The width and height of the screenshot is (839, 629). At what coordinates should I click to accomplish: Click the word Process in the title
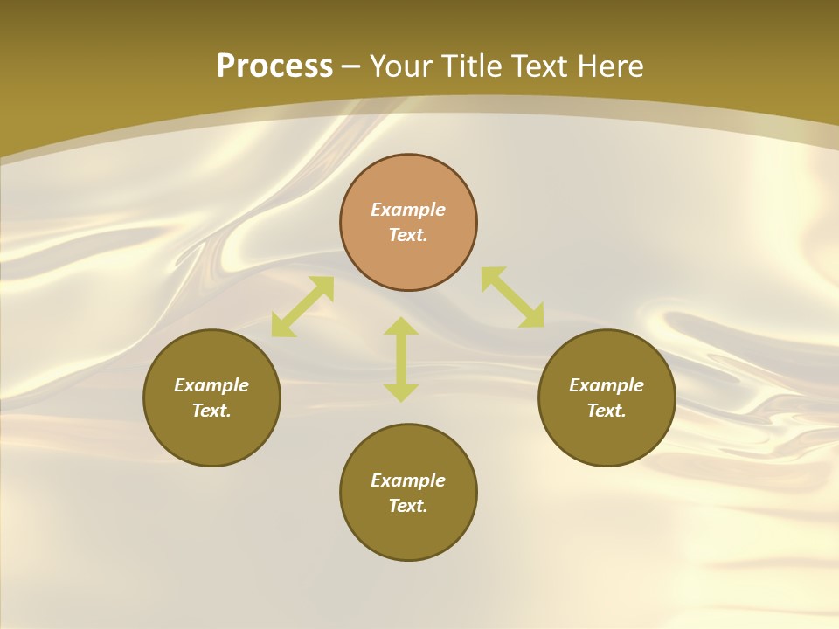click(274, 66)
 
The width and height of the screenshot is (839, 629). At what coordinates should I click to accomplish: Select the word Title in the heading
click(474, 66)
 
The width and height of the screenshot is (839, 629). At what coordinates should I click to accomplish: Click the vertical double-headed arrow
click(401, 359)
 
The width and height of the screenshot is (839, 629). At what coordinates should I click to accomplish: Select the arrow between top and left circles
click(302, 307)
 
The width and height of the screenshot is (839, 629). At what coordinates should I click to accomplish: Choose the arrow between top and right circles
click(512, 298)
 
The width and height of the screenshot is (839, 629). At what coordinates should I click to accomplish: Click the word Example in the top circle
click(408, 210)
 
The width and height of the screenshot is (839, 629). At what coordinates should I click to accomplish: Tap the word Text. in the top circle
click(408, 235)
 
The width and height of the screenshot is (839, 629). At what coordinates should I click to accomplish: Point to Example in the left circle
click(211, 385)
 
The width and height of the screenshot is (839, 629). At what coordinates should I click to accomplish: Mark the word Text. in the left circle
click(211, 411)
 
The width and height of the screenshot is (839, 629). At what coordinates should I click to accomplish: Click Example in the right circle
click(607, 385)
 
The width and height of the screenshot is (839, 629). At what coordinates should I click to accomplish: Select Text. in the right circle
click(607, 411)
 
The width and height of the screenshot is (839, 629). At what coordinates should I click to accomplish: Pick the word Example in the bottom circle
click(408, 480)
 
